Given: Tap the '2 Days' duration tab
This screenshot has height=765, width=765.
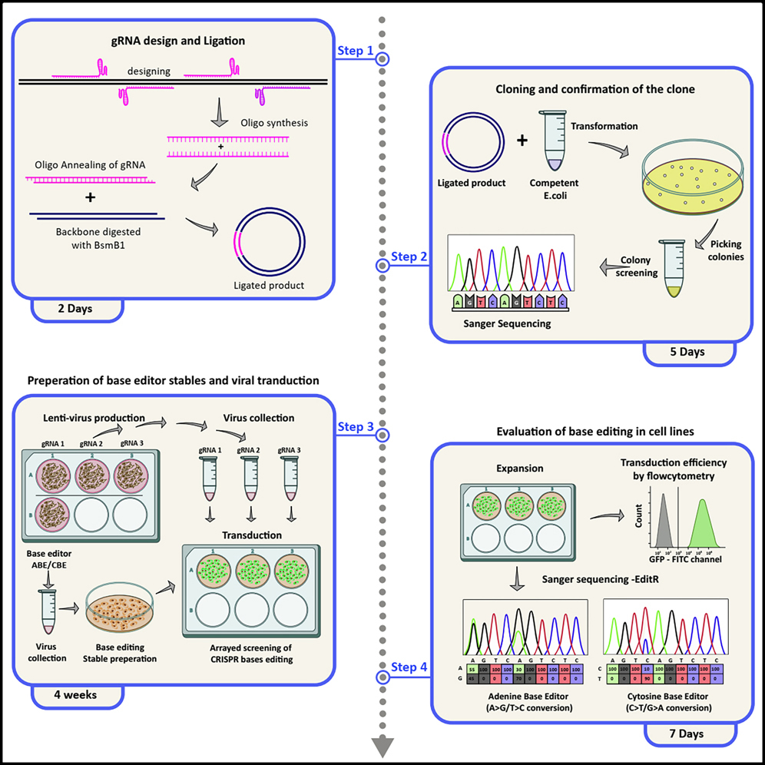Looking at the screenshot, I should coord(77,310).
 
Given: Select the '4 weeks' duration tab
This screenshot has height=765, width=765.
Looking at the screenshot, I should coord(77,695).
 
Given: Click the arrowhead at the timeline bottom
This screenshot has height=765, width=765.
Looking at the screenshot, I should coord(382,746).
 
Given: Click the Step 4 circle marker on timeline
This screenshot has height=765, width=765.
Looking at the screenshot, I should coord(382,677).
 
